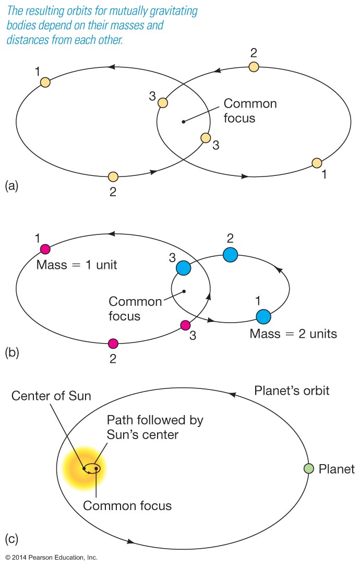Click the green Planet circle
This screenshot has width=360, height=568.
pos(309,468)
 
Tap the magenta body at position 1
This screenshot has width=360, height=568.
pos(45,249)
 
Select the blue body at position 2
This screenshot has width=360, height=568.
pos(230,255)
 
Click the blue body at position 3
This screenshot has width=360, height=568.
pos(183,268)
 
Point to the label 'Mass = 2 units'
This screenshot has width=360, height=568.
pos(293,334)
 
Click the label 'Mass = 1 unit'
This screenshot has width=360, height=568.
pos(77,265)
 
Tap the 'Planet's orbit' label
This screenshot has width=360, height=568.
pos(292,390)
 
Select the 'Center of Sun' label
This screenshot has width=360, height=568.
pos(51,396)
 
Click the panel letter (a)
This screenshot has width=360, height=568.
pos(11,185)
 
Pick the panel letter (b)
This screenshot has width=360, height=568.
pos(11,352)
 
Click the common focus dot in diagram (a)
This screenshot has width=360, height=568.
pos(183,122)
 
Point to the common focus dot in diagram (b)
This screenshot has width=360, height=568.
pos(184,291)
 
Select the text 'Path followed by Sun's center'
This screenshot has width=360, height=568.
pos(155,427)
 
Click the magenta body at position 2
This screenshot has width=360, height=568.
pos(113,343)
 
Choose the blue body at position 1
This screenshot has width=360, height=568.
pos(263,316)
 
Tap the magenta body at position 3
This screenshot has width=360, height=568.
pos(185,326)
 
